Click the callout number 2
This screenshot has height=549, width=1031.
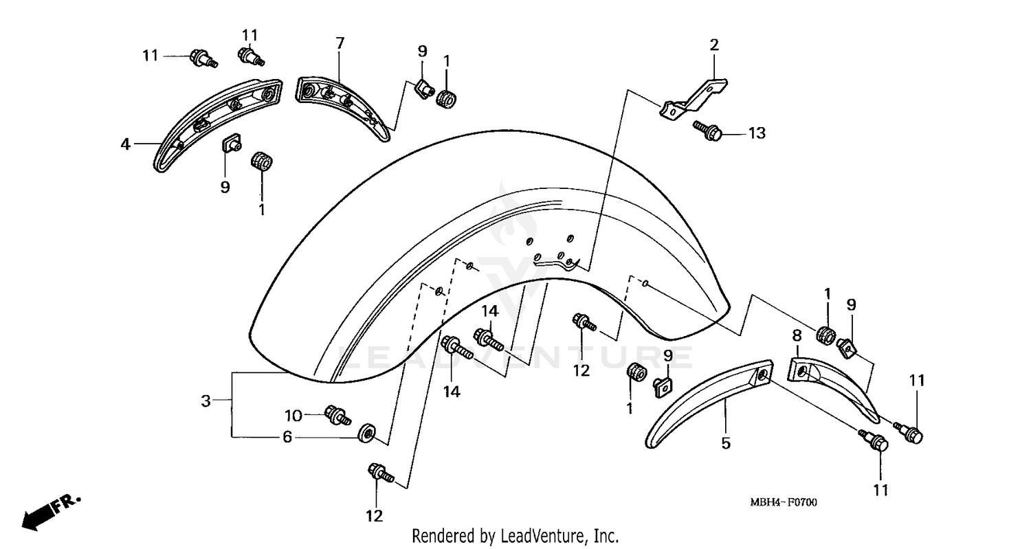point(714,45)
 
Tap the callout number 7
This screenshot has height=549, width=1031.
point(340,43)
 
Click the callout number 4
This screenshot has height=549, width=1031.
point(125,144)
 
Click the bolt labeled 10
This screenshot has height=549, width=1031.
point(338,414)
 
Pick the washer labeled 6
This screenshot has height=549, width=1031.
point(366,434)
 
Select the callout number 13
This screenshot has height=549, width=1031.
point(756,133)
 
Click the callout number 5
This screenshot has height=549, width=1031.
point(725,444)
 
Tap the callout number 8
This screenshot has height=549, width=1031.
point(797,335)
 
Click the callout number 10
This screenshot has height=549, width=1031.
point(293,415)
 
